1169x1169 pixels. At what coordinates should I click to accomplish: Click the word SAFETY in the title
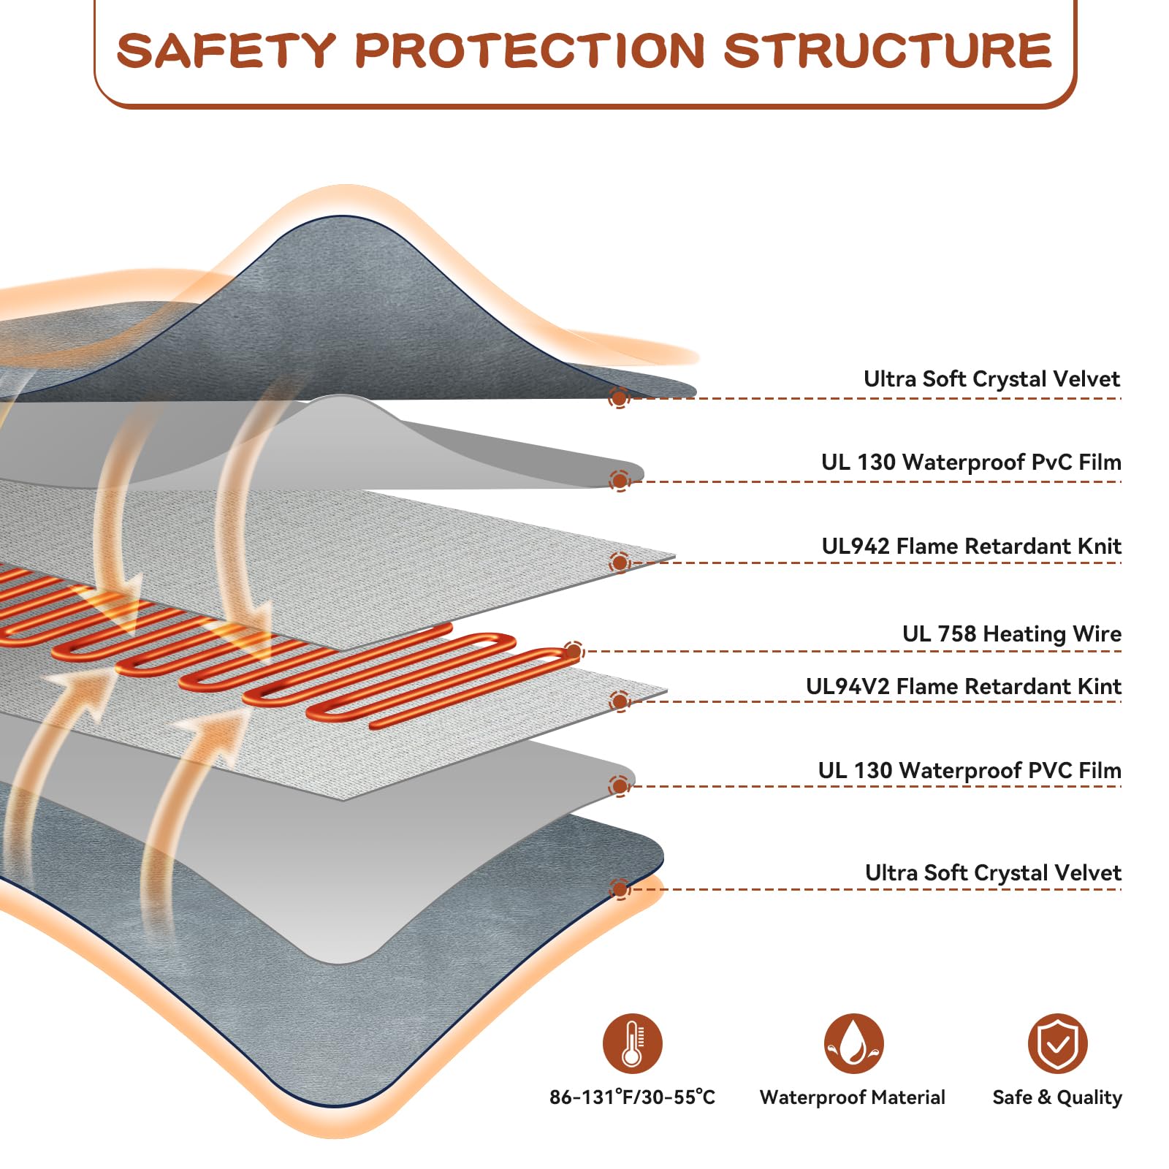point(226,50)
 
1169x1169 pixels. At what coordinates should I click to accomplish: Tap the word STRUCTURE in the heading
point(887,50)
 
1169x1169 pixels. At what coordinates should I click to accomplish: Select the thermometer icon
point(632,1043)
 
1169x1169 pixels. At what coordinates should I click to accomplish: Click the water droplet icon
point(853,1043)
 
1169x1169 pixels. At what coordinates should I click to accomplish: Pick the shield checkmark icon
point(1057,1043)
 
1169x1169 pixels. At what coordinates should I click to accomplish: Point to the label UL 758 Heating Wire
point(1011,633)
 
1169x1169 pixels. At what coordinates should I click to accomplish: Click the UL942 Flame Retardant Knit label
point(971,546)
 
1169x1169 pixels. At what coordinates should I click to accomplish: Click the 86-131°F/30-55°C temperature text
point(632,1097)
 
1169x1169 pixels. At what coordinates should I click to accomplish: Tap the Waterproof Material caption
point(852,1097)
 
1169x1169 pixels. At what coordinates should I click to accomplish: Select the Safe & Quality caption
point(1056,1097)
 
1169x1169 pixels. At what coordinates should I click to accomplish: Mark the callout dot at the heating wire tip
point(574,651)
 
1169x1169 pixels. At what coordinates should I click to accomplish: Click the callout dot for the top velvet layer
point(620,398)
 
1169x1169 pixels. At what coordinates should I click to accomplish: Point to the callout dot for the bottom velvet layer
point(620,889)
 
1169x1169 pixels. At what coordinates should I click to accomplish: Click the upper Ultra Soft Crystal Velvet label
point(991,378)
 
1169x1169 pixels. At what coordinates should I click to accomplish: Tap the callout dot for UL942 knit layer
point(620,563)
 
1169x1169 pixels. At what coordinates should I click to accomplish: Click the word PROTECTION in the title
point(530,50)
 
